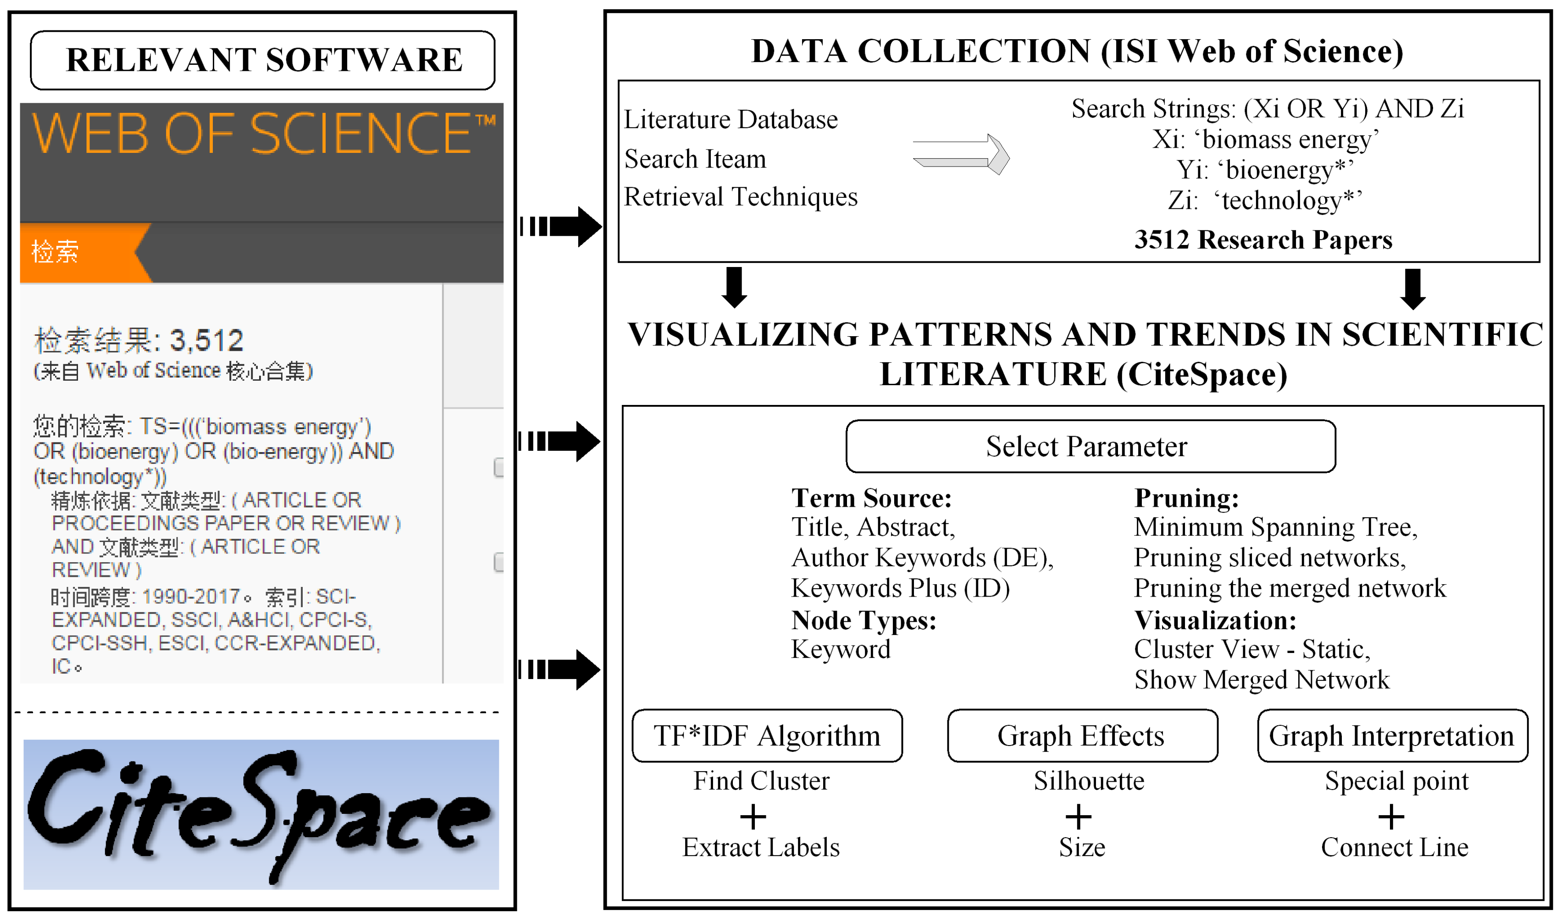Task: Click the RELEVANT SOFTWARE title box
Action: coord(263,60)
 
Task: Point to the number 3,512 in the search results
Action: coord(207,341)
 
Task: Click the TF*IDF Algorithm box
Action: coord(767,736)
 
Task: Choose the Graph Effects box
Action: coord(1082,736)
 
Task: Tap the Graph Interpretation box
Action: coord(1392,736)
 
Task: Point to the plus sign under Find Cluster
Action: coord(753,816)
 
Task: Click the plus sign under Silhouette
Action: coord(1079,816)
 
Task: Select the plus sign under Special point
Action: coord(1391,816)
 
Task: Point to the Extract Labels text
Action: coord(761,847)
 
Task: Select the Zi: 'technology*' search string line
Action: coord(1265,200)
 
